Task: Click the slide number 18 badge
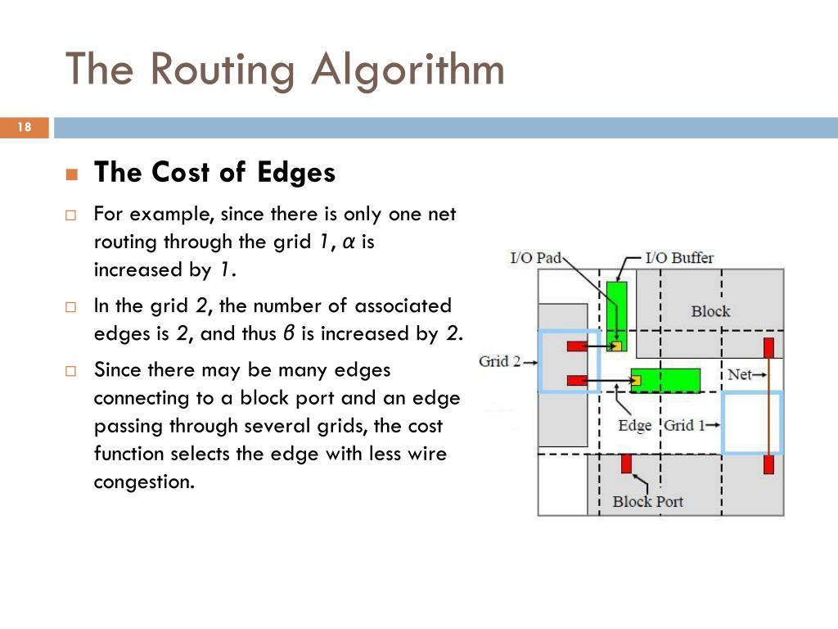[x=24, y=127]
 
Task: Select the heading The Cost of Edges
[x=214, y=173]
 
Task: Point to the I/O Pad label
[x=535, y=258]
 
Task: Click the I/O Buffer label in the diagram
[x=679, y=258]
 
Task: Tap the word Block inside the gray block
[x=710, y=311]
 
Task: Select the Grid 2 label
[x=499, y=361]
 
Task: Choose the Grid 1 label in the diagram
[x=684, y=425]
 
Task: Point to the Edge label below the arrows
[x=635, y=425]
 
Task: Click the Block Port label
[x=647, y=501]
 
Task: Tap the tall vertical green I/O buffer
[x=616, y=311]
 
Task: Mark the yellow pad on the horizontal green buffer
[x=635, y=380]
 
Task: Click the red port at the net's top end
[x=768, y=347]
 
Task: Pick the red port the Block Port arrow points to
[x=626, y=464]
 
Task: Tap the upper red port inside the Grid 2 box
[x=577, y=346]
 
